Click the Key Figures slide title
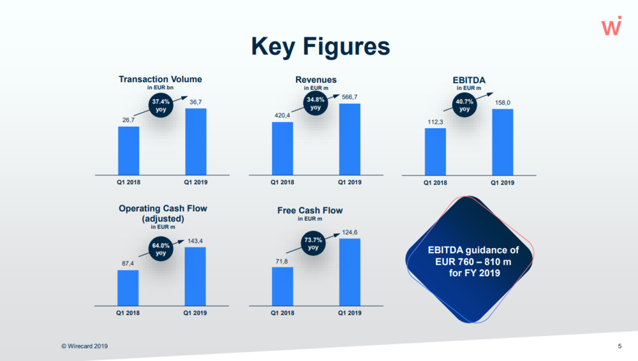point(321,47)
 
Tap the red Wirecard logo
point(612,26)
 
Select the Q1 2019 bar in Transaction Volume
point(196,142)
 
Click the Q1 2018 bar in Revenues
point(283,149)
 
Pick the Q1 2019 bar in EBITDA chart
point(503,142)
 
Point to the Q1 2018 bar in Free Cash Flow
point(283,286)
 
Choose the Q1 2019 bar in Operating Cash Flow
point(195,276)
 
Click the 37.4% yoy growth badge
point(161,105)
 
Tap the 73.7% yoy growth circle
point(313,244)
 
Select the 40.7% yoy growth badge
point(464,105)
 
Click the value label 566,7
point(350,97)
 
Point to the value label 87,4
point(128,263)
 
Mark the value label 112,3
point(435,122)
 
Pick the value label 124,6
point(350,232)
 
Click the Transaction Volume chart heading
point(160,79)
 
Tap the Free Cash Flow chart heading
point(310,210)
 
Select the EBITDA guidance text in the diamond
point(473,262)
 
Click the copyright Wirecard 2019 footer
point(85,346)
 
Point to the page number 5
point(619,346)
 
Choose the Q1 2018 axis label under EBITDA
point(435,183)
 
